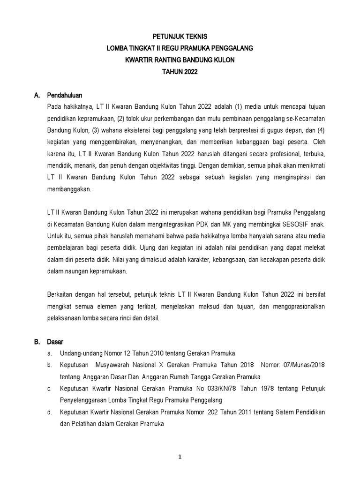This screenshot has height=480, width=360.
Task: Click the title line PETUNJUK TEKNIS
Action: [x=180, y=36]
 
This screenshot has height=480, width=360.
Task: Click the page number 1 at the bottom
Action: [x=180, y=458]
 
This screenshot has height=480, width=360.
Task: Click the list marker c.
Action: [x=49, y=389]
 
